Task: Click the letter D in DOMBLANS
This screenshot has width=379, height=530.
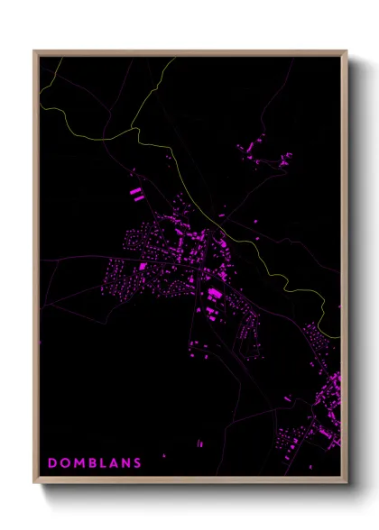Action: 51,463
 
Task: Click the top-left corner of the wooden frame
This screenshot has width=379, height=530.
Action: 34,51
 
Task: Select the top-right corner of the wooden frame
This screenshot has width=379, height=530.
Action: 347,51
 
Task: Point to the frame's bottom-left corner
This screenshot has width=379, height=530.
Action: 34,483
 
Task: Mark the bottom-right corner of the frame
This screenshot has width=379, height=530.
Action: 347,483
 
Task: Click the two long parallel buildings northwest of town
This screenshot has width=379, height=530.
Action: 136,192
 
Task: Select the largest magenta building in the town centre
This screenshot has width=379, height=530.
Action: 215,294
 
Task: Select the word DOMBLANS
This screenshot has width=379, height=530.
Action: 95,463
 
